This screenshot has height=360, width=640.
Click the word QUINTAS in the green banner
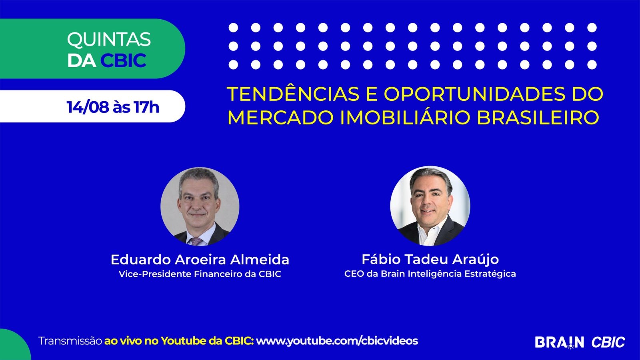coord(108,40)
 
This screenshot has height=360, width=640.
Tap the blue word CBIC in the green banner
coord(123,60)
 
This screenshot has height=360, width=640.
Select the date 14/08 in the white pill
coord(88,107)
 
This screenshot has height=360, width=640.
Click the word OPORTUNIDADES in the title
coord(474,94)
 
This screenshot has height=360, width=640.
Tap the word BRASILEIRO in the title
coord(538,118)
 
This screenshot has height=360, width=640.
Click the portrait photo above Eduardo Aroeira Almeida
coord(200,206)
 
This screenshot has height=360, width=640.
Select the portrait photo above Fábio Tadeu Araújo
coord(430,206)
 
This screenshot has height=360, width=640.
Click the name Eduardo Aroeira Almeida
coord(200,260)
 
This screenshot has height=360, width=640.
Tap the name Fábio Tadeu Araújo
coord(430,260)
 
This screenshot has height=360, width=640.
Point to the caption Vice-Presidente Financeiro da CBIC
coord(200,274)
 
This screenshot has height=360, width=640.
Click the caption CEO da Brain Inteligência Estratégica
coord(430,274)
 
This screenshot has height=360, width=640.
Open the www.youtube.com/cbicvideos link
coord(337,340)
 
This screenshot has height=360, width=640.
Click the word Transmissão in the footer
coord(70,341)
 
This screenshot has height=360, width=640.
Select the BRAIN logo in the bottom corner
coord(560,342)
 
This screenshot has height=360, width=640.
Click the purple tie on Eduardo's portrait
coord(196,242)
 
